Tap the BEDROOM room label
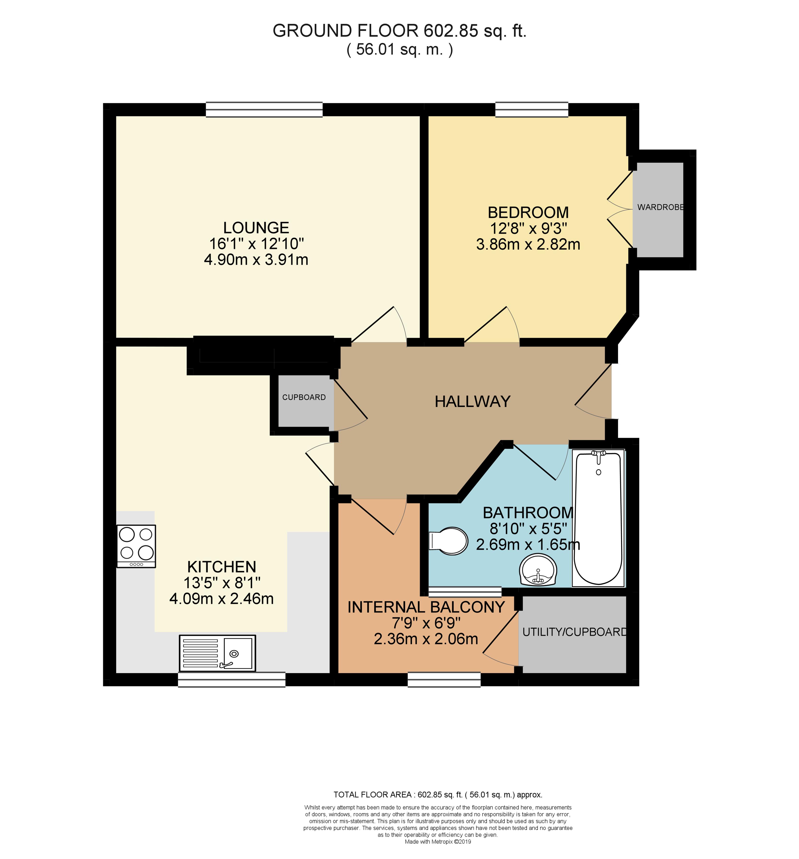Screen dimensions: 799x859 pos(528,213)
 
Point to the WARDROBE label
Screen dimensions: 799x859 pos(660,207)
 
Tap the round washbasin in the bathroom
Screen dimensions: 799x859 pos(538,570)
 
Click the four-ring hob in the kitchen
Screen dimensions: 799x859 pos(136,546)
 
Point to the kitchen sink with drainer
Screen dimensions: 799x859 pos(217,653)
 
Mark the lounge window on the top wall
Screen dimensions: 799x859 pos(264,110)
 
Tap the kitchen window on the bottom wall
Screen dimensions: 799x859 pos(232,679)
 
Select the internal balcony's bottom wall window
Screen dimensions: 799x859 pos(444,679)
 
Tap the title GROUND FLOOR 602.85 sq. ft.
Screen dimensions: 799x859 pos(399,31)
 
